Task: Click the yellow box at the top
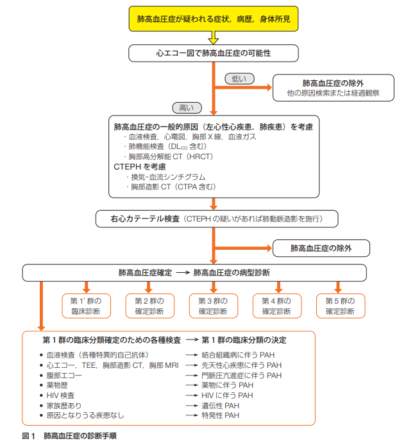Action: (x=214, y=19)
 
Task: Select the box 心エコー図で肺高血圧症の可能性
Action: (x=214, y=53)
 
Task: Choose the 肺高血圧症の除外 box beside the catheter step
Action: (x=321, y=247)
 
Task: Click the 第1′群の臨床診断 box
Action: (x=86, y=306)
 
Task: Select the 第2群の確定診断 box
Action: (x=149, y=306)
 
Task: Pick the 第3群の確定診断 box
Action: (x=213, y=306)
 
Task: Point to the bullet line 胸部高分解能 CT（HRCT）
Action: (x=170, y=156)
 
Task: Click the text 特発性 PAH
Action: (x=221, y=415)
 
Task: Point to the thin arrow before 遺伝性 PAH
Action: (x=191, y=406)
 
